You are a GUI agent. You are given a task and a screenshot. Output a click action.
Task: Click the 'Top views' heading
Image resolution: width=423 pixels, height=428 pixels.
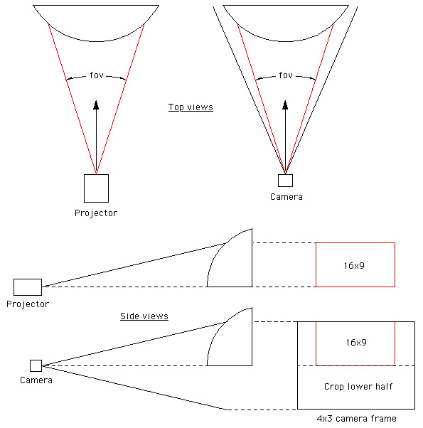pos(191,107)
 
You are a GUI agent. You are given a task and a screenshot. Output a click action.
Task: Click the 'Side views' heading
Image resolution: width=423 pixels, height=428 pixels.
pos(144,316)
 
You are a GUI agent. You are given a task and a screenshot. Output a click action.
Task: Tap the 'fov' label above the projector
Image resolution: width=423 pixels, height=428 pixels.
pos(97,75)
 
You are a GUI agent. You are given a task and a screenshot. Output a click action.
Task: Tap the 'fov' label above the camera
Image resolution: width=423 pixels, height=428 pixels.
pos(286,75)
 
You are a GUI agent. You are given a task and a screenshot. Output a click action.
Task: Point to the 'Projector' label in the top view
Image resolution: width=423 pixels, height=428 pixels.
pos(96,213)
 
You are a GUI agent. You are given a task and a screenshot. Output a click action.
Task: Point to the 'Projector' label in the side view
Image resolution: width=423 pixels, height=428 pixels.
pos(28,304)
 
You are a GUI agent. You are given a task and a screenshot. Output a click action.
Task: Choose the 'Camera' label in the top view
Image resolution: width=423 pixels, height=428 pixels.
pos(287,197)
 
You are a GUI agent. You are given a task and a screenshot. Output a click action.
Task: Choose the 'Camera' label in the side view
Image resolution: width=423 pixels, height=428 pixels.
pos(36,380)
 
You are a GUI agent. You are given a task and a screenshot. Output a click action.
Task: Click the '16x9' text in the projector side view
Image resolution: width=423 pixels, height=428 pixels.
pos(354,266)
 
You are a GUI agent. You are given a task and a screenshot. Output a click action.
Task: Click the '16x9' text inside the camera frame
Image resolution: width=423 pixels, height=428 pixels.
pos(356,342)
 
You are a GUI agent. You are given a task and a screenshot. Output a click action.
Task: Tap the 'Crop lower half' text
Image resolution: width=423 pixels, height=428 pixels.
pos(358,387)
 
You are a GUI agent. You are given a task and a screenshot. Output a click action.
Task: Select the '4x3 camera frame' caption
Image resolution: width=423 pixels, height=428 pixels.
pos(356,419)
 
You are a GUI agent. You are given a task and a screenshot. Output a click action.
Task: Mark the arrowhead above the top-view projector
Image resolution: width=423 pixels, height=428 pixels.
pos(96,105)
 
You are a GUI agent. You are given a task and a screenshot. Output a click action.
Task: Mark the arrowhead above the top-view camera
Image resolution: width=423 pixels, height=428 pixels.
pos(285,105)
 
